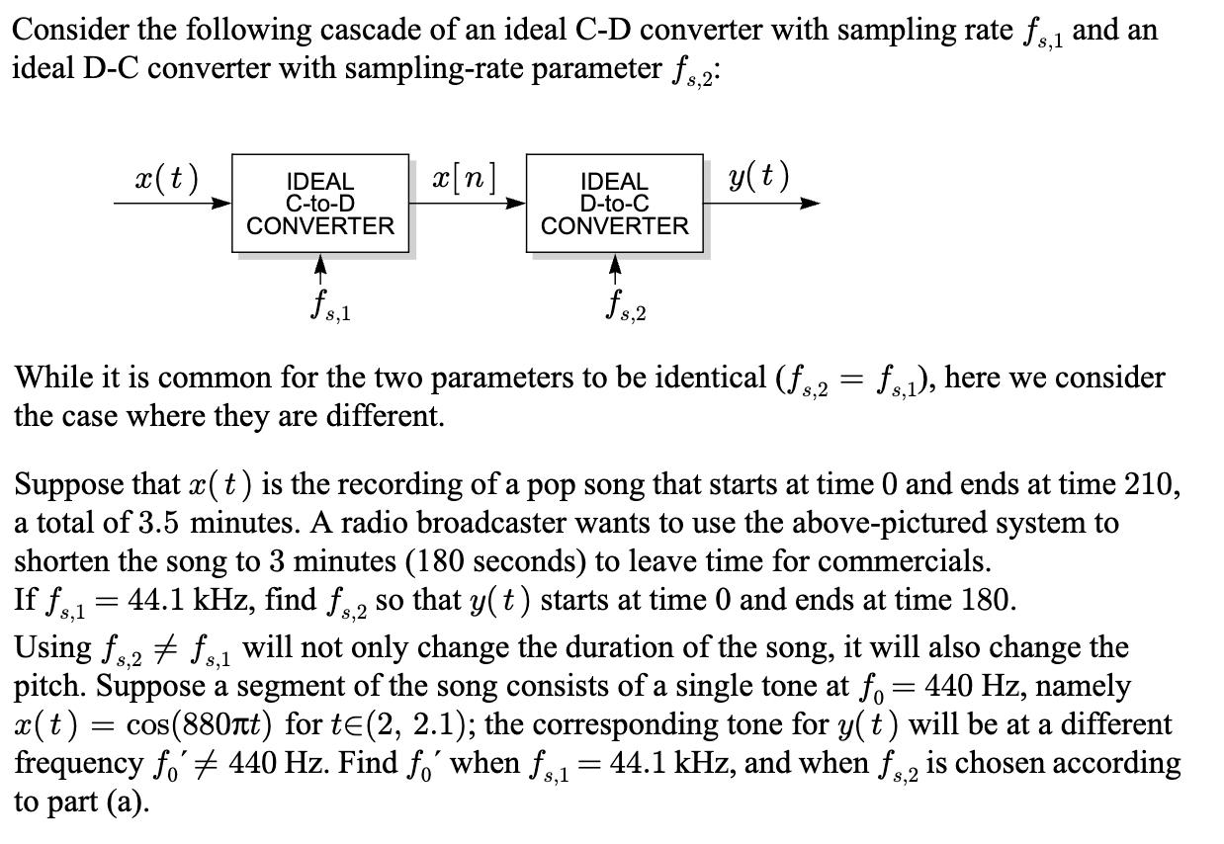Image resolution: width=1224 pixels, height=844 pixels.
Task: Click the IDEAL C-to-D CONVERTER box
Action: [x=319, y=204]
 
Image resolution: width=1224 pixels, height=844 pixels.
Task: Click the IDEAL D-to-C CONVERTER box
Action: [x=614, y=204]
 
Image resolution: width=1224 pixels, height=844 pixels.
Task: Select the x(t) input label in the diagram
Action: [x=166, y=179]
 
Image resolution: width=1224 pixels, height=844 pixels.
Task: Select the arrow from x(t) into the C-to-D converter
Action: [x=173, y=205]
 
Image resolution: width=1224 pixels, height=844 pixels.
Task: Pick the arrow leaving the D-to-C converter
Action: [x=761, y=205]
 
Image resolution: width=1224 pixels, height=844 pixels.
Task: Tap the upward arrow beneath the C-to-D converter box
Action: [x=319, y=267]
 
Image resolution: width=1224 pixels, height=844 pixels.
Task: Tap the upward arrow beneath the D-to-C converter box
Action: [x=614, y=267]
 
